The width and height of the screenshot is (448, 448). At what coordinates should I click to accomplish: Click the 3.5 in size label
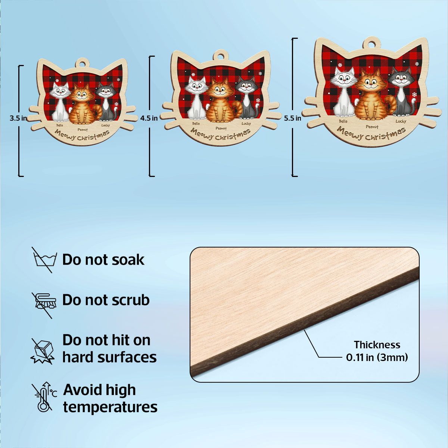[x=18, y=118]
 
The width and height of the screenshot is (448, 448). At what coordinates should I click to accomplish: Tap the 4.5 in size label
[x=149, y=118]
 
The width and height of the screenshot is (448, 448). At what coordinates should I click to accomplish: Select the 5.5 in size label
[x=292, y=118]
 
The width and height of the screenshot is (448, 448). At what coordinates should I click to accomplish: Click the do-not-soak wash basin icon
[x=44, y=260]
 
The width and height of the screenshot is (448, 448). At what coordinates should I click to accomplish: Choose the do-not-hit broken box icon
[x=43, y=351]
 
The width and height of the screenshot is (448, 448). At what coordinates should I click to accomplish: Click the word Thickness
[x=377, y=345]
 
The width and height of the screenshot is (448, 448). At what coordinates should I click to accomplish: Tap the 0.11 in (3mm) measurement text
[x=377, y=357]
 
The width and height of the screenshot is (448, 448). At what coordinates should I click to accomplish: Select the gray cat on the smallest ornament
[x=107, y=102]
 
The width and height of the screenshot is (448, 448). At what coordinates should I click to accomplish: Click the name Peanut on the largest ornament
[x=372, y=127]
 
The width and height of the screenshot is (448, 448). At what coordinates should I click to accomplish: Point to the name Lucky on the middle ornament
[x=246, y=124]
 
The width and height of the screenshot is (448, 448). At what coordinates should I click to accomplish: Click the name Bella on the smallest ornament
[x=60, y=125]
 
